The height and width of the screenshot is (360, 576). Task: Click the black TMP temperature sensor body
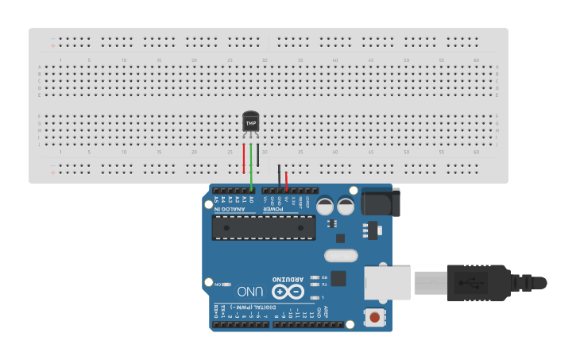tap(251, 122)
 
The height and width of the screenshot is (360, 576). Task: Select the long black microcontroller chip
tap(263, 227)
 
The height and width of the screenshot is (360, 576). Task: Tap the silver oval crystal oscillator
tap(342, 256)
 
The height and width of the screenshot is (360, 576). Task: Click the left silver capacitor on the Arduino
tap(326, 206)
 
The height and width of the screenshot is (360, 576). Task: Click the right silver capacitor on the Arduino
tap(346, 206)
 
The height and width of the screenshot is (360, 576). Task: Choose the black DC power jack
tap(380, 202)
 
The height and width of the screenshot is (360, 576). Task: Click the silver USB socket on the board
tap(388, 284)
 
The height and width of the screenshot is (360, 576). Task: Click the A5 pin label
tap(216, 199)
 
